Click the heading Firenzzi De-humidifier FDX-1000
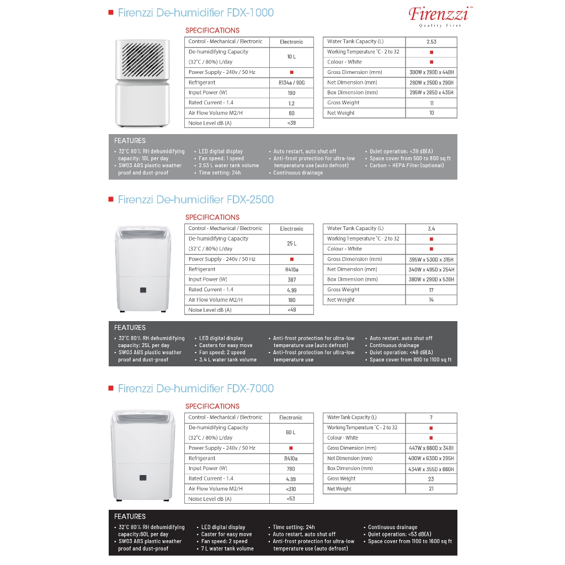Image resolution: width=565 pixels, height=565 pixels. point(195,13)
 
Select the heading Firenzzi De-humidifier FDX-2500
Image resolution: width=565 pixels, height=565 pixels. point(195,200)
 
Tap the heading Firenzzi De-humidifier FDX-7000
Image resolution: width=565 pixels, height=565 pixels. point(195,388)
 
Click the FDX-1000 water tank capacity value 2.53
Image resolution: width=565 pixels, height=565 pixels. point(431,42)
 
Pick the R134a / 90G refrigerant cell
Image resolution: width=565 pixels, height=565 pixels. point(291,83)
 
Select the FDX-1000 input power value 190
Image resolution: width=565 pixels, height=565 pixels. point(291,93)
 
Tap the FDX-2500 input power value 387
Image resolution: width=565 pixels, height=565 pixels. point(291,280)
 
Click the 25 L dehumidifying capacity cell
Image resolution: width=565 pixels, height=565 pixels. point(291,243)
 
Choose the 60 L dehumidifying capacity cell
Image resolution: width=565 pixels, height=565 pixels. point(291,433)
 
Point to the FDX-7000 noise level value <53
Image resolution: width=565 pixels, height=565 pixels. point(291,499)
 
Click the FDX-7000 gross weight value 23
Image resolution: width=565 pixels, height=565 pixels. point(431,479)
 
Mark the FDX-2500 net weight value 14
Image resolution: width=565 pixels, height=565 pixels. point(431,300)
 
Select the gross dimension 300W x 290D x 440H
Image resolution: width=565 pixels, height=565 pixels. point(431,72)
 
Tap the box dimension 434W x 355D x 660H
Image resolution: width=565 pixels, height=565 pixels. point(431,469)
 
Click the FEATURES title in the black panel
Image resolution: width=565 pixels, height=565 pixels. point(130,516)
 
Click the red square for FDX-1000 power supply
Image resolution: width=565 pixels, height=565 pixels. point(291,72)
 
